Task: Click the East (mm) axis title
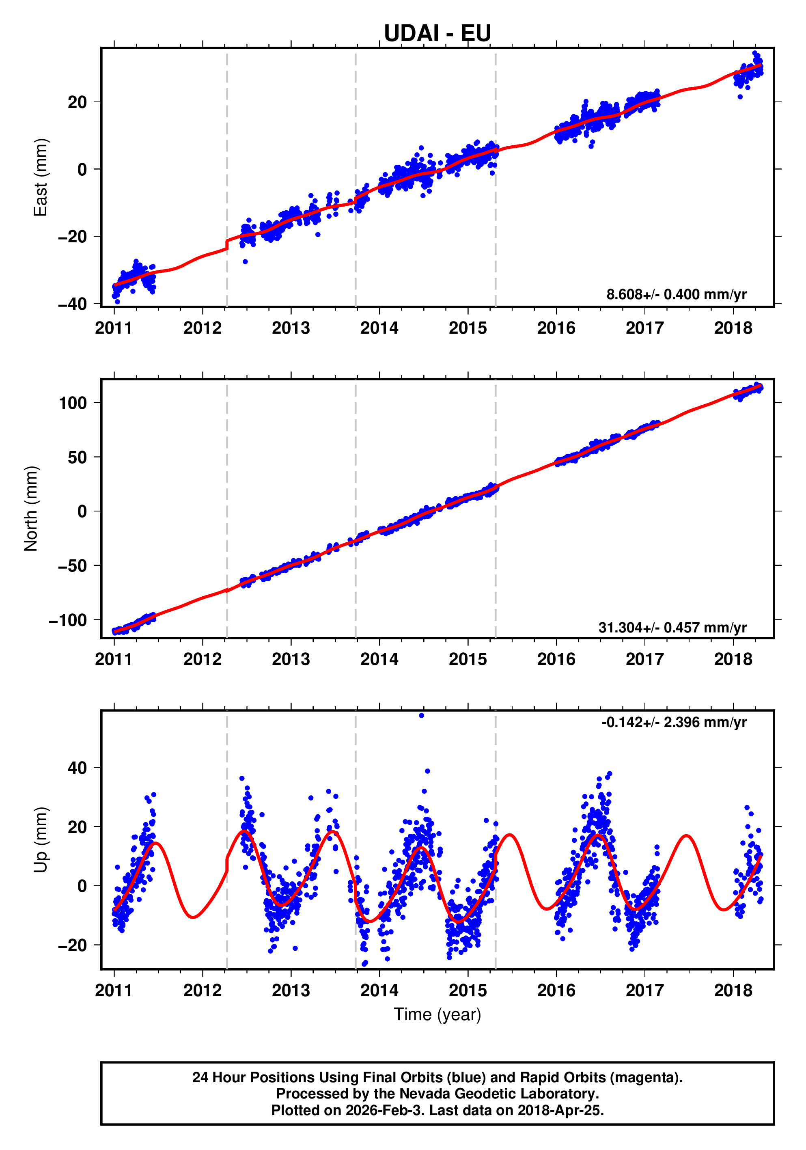point(41,177)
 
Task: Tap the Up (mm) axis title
point(41,840)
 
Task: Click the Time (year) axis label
point(437,1014)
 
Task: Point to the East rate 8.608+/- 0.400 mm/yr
point(677,294)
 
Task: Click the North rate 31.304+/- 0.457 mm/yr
point(672,627)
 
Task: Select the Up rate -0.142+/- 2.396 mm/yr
point(674,722)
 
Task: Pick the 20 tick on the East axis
point(77,102)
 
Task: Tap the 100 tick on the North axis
point(73,403)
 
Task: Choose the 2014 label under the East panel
point(379,328)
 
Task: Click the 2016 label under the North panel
point(556,659)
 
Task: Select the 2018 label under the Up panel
point(733,990)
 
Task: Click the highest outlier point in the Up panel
point(422,716)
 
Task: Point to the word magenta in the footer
point(647,1077)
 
